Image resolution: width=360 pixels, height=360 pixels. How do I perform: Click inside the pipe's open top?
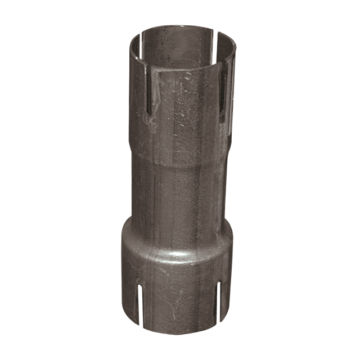(180, 48)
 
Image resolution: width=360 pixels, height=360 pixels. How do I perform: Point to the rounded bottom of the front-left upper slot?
(147, 119)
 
